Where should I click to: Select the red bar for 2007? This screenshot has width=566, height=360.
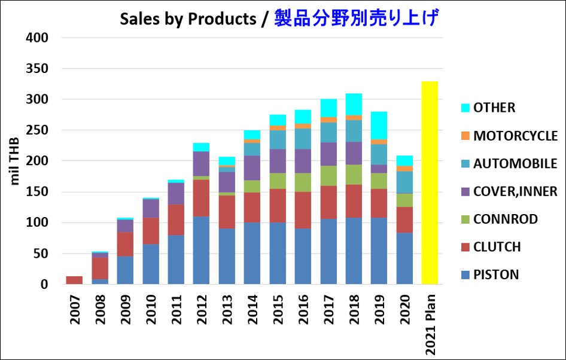(x=74, y=280)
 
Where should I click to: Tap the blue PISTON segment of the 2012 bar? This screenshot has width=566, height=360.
(x=201, y=250)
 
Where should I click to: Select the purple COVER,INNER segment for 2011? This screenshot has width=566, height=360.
(x=175, y=193)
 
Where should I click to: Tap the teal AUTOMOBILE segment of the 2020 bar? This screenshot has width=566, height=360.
(x=405, y=182)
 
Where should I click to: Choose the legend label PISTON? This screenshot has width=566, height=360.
(x=496, y=275)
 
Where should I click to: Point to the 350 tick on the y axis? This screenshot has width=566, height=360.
(x=37, y=69)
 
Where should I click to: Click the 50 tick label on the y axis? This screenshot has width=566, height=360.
(x=40, y=254)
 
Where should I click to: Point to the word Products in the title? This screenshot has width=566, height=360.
(x=222, y=19)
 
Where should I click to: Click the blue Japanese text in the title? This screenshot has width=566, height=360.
(x=357, y=19)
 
